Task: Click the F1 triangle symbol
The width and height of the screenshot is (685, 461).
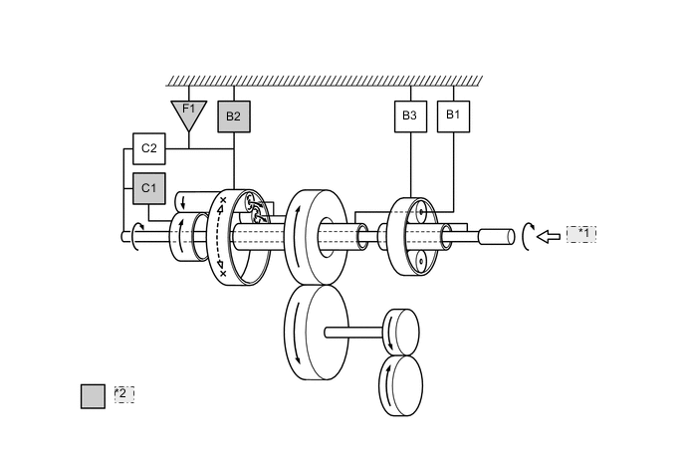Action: click(188, 113)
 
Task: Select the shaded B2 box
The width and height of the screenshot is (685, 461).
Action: click(234, 116)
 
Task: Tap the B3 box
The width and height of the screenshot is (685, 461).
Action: click(410, 116)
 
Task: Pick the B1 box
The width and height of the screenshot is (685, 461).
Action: click(453, 115)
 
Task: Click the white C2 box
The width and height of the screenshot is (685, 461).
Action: click(149, 148)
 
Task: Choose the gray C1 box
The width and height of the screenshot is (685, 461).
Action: click(149, 188)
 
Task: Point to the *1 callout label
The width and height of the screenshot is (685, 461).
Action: click(581, 234)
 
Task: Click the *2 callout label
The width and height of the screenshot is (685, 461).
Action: click(123, 394)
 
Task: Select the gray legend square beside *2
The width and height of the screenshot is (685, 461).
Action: click(93, 395)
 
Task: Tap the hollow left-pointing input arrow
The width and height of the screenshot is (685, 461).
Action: click(549, 236)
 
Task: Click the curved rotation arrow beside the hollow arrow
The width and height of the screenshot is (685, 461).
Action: click(526, 236)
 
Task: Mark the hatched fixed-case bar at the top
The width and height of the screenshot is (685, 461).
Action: click(325, 81)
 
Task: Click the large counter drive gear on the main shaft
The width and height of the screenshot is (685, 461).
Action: click(315, 236)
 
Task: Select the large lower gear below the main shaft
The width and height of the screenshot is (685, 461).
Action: click(316, 333)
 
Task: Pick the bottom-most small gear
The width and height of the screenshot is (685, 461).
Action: click(401, 386)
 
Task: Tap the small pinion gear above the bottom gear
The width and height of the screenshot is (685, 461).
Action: click(401, 332)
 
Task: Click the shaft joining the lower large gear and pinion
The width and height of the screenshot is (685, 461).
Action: click(354, 333)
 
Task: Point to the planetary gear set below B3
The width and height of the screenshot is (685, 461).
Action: click(414, 236)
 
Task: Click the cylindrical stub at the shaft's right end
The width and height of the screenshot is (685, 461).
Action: click(496, 237)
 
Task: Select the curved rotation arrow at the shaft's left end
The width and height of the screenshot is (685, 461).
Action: click(135, 236)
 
